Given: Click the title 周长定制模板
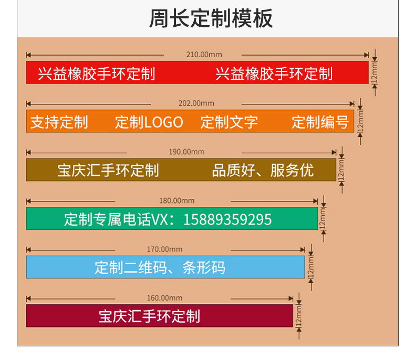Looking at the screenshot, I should point(211,18).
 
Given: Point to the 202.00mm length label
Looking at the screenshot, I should point(196,103).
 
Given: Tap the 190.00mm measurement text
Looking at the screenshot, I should point(186,152).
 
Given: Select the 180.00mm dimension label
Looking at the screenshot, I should point(177,200).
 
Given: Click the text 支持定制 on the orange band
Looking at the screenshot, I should point(59,122).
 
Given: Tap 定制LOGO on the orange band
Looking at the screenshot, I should point(149,122).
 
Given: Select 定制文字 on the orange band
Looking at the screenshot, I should point(230,122).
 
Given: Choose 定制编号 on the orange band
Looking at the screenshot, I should point(320,122).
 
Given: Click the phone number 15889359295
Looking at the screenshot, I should point(227,219).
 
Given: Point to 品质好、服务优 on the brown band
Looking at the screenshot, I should point(263,171).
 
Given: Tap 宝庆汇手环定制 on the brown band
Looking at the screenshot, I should point(108,171).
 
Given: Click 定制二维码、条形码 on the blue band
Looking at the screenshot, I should point(160,268).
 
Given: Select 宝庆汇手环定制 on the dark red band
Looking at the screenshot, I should point(149,316).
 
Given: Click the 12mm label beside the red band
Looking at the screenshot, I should point(375,72).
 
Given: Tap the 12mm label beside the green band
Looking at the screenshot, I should point(323,218).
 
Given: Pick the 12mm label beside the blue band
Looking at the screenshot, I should point(310,267).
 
